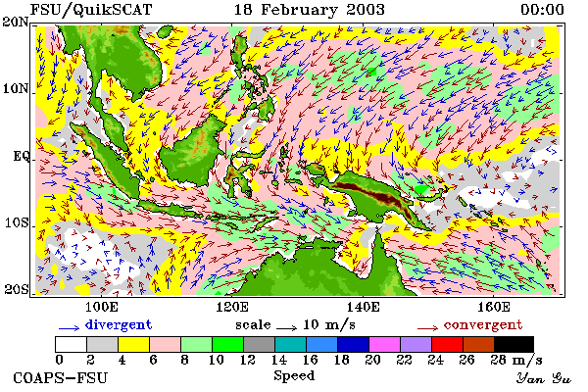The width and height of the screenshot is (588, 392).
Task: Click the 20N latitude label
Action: tap(16, 22)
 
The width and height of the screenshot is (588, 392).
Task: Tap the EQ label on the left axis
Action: tap(21, 156)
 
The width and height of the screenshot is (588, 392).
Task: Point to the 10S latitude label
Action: tap(16, 222)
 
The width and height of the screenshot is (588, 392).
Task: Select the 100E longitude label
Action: tap(102, 307)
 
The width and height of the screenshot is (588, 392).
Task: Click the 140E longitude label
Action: tap(363, 307)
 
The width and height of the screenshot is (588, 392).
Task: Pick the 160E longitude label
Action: tap(494, 307)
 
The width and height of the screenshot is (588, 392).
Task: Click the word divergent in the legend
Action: tap(119, 324)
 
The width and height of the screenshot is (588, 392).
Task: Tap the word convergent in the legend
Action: tap(483, 324)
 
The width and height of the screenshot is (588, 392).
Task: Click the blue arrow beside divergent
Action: tap(69, 328)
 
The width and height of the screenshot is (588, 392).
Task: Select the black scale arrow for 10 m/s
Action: tap(287, 328)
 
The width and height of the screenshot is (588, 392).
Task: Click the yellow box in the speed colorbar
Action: tap(134, 344)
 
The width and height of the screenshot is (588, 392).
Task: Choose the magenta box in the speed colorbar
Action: tap(385, 344)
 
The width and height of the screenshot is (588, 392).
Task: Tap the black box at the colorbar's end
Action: tap(514, 344)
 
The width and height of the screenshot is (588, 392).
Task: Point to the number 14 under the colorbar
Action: tap(278, 360)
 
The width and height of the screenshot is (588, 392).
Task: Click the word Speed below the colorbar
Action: tap(294, 376)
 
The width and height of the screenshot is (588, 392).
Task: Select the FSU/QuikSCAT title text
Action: tap(91, 10)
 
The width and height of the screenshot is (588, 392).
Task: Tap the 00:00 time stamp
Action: tap(542, 10)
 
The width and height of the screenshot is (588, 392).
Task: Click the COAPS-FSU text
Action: tap(61, 377)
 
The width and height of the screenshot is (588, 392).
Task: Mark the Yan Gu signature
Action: tap(544, 378)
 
